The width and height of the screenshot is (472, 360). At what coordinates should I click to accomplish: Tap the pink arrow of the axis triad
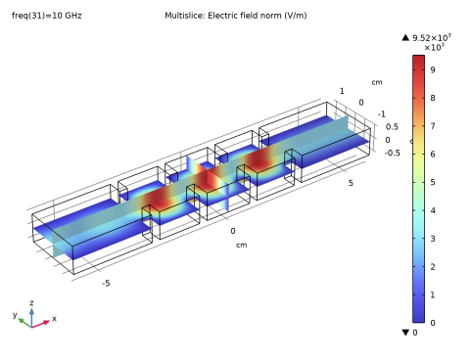coord(43,321)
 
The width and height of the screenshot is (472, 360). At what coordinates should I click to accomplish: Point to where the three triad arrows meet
coord(32,324)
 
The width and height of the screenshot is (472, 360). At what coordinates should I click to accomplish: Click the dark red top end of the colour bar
coord(418,61)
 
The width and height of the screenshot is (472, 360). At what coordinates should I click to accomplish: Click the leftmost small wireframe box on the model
coord(150,214)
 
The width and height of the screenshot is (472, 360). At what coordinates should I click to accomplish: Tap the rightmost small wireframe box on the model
coord(293,157)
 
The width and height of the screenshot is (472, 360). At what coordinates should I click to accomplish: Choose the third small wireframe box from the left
coord(246,175)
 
